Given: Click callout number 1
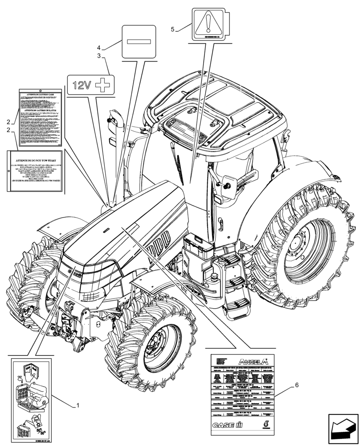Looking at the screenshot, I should tap(78, 406).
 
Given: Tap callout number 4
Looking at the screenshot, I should tap(98, 47).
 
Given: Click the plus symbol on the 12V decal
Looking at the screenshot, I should tap(104, 85).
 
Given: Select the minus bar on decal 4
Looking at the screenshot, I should tap(139, 41).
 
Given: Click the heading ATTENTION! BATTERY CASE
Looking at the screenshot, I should tap(39, 95).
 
